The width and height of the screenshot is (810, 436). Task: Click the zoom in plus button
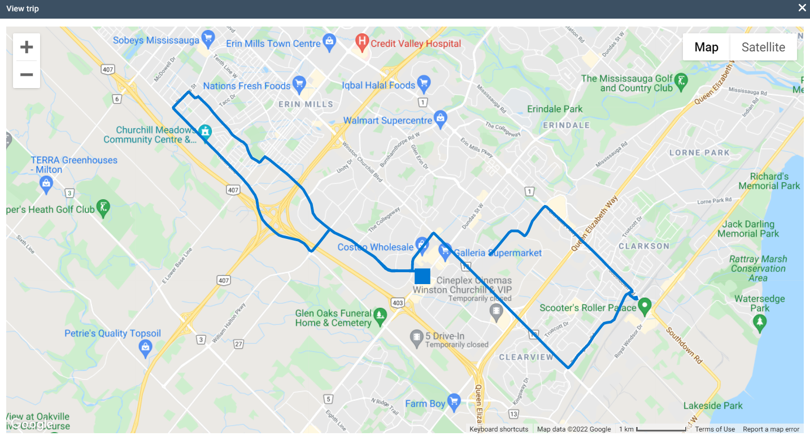click(27, 47)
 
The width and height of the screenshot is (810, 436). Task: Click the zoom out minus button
click(27, 75)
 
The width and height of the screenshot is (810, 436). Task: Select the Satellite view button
click(763, 47)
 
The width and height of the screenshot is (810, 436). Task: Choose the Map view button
click(706, 47)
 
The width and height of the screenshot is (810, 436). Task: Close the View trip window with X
click(802, 8)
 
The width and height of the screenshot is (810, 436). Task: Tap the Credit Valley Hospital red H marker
click(362, 42)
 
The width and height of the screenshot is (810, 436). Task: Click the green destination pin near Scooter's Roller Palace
click(644, 306)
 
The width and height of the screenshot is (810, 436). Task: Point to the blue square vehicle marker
click(423, 276)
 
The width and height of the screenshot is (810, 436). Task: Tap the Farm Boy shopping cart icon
click(454, 402)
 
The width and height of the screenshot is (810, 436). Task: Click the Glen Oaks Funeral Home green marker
click(381, 315)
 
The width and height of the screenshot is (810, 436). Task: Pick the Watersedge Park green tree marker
click(760, 322)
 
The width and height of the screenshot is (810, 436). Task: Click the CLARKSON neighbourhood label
click(644, 246)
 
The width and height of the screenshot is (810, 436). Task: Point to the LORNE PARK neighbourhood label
click(699, 152)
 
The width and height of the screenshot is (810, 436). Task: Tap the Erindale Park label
click(555, 109)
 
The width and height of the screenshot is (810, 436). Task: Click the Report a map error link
click(771, 429)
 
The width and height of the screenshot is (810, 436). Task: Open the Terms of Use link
click(715, 429)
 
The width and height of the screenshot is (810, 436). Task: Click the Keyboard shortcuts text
click(499, 429)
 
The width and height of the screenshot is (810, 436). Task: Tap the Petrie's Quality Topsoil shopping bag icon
click(146, 348)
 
